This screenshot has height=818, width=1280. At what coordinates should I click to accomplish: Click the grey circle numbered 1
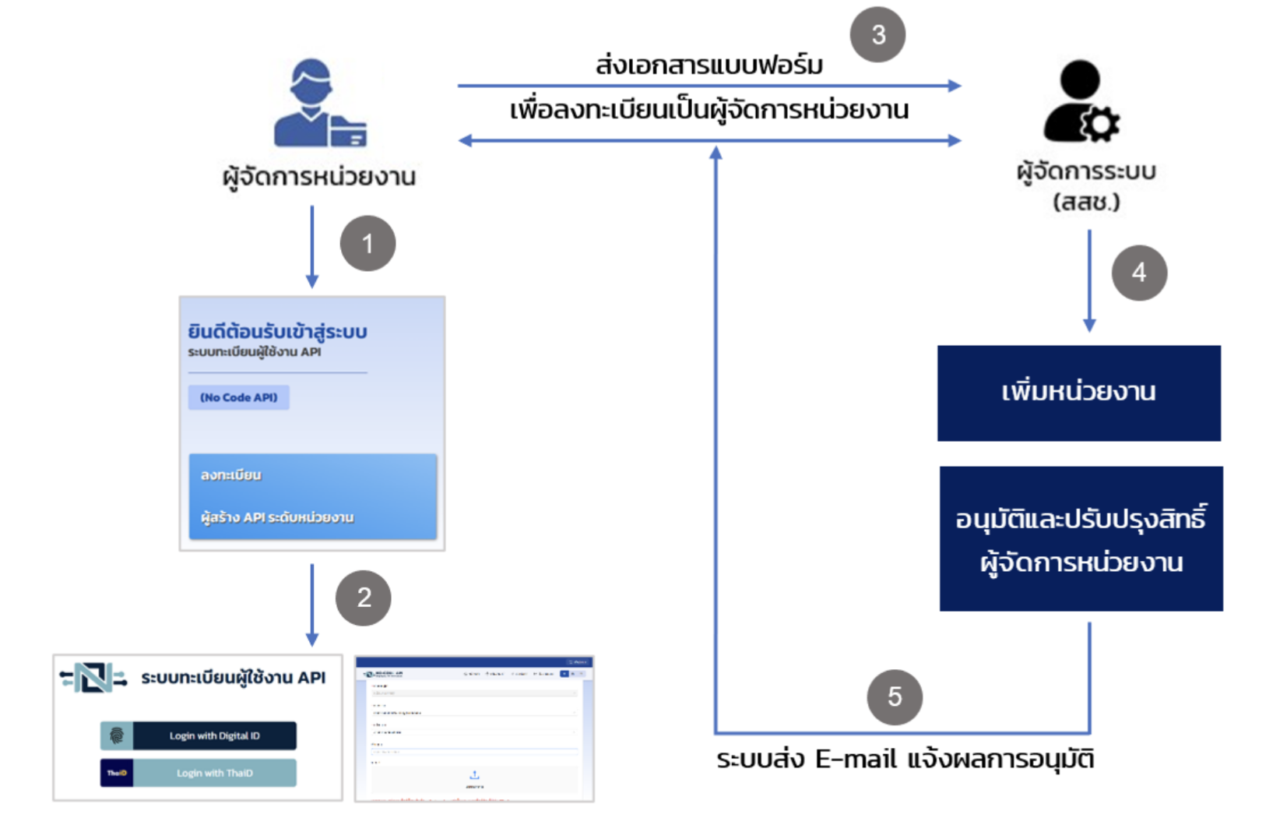pos(367,244)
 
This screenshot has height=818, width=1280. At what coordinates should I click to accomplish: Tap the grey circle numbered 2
pos(364,598)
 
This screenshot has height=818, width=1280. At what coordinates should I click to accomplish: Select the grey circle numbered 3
pos(877,35)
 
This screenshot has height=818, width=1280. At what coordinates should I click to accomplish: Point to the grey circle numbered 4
pos(1139,273)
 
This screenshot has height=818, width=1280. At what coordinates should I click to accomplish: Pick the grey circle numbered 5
pos(895,696)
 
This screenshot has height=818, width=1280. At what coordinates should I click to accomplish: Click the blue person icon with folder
pos(319,104)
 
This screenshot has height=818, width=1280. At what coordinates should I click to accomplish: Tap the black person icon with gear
pos(1080,102)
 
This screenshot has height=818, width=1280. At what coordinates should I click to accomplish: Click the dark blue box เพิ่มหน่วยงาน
pos(1078,393)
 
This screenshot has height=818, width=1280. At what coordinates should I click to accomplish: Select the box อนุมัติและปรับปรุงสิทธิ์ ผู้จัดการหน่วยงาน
pos(1081,538)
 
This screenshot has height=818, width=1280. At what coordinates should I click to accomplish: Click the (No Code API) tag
pos(239,397)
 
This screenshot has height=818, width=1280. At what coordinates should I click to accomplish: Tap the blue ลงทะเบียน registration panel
pos(312,496)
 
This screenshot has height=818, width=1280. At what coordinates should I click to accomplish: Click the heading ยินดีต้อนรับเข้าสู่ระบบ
pos(277,332)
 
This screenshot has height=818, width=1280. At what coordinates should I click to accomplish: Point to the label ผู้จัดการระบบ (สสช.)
pos(1086,186)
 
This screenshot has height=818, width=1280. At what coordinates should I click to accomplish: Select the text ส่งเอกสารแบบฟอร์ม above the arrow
pos(709,65)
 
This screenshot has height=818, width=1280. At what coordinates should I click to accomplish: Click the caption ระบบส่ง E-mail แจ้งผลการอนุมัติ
pos(905,759)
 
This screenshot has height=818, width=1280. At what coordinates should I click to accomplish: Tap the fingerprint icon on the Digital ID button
pos(117,735)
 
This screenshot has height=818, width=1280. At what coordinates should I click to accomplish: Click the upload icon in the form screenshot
pos(474,775)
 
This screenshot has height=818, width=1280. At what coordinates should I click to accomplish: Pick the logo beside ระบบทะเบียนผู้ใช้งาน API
pos(93,678)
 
